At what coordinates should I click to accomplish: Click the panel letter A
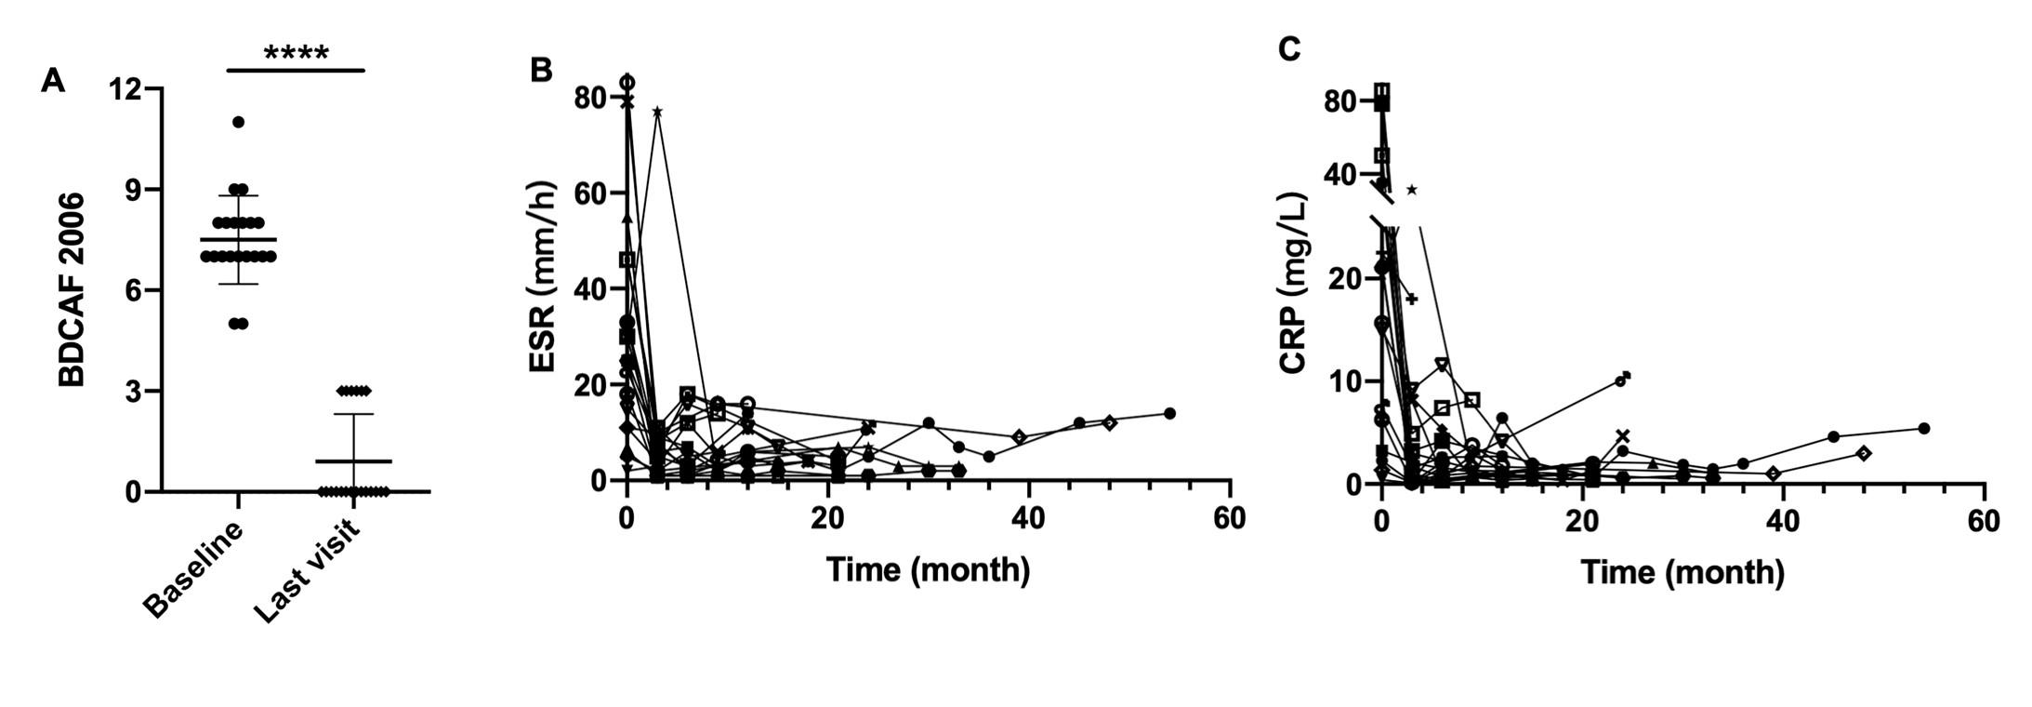click(53, 81)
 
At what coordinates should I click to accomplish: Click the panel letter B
click(541, 69)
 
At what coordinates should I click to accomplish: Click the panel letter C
click(1289, 48)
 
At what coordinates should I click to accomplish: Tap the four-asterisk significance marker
click(296, 54)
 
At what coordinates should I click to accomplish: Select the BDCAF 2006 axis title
click(72, 289)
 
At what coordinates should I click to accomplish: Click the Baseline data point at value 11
click(239, 122)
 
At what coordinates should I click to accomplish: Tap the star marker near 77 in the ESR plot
click(657, 112)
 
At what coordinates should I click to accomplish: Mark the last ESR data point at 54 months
click(1169, 413)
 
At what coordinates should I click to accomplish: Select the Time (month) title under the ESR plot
click(928, 569)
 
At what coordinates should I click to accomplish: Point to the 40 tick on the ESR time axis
click(1029, 518)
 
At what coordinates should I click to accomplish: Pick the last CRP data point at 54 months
click(1923, 428)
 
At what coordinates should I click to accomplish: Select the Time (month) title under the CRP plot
click(1682, 572)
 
